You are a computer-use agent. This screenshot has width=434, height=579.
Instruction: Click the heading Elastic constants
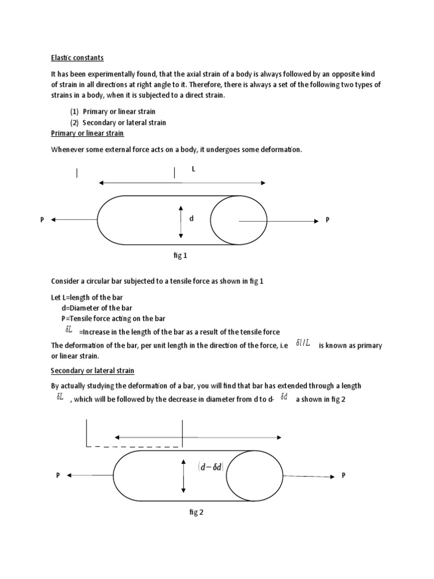pos(77,58)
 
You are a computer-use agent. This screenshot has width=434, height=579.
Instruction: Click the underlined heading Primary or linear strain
pos(87,133)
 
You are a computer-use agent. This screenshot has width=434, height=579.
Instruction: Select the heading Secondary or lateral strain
pos(92,370)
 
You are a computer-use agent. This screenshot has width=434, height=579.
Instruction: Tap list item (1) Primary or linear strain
pos(112,111)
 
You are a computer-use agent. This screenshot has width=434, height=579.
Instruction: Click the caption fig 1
pos(180,256)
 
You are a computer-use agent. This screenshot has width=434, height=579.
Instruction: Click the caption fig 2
pos(196,512)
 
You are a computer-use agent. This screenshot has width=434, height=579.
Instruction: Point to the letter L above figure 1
pos(193,169)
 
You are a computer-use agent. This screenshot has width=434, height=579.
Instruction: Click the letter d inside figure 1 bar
pos(191,218)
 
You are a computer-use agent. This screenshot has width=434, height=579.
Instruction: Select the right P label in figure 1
pos(327,219)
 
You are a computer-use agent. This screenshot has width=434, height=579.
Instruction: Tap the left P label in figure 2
pos(58,476)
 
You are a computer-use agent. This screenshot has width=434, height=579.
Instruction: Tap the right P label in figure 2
pos(343,476)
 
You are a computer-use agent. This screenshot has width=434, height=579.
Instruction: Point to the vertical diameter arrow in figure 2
pos(184,476)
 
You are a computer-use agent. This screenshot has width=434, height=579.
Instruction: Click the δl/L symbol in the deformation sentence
pos(303,344)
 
